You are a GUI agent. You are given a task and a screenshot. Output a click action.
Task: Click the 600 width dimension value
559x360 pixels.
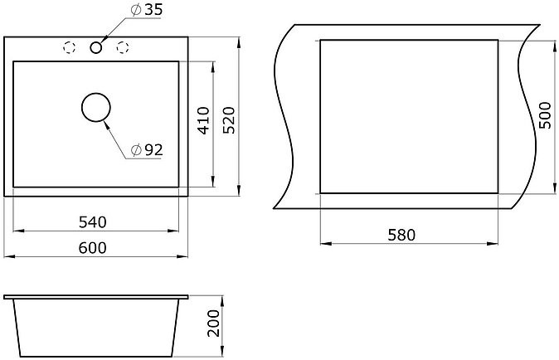94,247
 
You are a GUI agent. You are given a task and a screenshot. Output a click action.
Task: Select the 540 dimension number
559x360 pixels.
93,221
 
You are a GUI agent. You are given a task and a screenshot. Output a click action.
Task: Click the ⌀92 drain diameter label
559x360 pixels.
146,150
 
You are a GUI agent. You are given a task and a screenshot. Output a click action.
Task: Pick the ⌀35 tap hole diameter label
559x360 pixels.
146,10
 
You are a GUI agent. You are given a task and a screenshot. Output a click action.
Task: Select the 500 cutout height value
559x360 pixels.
545,116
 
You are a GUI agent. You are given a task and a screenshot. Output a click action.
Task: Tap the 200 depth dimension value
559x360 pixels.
215,328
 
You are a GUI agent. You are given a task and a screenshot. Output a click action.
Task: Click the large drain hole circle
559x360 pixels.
95,109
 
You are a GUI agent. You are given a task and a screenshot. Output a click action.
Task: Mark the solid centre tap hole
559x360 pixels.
97,46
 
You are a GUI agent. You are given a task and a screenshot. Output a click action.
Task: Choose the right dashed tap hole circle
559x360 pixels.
124,46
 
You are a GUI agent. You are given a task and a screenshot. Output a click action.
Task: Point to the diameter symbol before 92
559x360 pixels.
135,150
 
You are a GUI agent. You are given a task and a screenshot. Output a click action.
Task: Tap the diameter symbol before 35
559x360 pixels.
135,10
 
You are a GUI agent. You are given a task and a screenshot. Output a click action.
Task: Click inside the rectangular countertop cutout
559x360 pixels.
409,115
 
